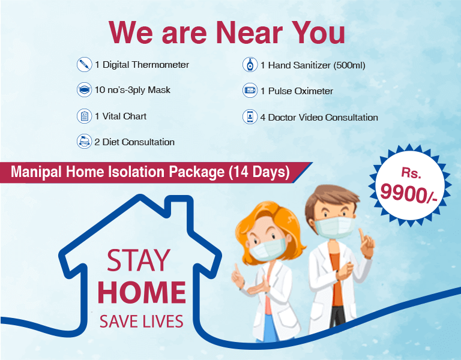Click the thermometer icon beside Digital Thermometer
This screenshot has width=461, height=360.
click(x=84, y=65)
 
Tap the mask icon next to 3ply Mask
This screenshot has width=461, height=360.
click(x=84, y=90)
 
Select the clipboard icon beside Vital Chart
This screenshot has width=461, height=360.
click(x=84, y=116)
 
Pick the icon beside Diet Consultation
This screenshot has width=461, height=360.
click(x=84, y=142)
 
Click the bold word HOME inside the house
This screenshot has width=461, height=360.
click(x=142, y=293)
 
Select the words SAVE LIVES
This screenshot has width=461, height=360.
click(x=142, y=321)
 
